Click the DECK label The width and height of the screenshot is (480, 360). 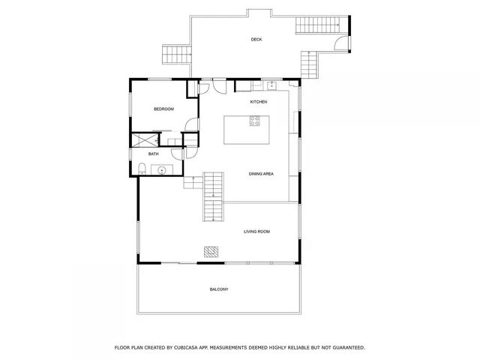[256, 40]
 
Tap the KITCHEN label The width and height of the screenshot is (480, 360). [259, 101]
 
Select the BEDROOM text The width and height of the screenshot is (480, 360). [163, 109]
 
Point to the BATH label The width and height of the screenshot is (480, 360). [153, 154]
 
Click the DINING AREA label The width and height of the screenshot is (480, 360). [261, 174]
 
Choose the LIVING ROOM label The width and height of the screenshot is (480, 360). [256, 232]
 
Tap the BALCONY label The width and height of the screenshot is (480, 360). [218, 289]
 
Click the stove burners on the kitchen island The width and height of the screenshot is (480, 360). [255, 120]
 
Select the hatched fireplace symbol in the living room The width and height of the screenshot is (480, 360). [212, 251]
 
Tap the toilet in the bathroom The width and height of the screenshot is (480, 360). [143, 167]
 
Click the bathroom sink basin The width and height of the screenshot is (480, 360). [162, 170]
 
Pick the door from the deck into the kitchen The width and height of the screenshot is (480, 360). [219, 84]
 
